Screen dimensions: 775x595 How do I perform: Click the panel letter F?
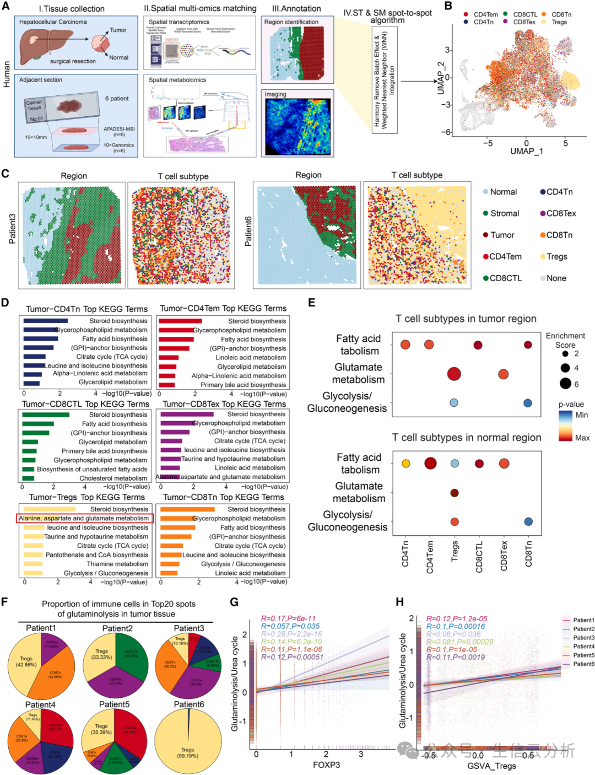[5, 601]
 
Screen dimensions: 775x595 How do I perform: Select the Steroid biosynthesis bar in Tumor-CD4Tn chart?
[45, 321]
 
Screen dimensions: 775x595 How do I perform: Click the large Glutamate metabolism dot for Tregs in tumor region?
[454, 374]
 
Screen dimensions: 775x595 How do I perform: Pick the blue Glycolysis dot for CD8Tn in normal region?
[528, 521]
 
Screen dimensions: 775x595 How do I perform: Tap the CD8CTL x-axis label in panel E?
[479, 557]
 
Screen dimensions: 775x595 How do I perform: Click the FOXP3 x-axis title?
[326, 765]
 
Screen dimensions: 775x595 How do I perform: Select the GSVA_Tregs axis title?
[492, 766]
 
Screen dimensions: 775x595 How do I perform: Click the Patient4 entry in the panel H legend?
[583, 647]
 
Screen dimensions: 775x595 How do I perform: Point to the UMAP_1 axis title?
[526, 152]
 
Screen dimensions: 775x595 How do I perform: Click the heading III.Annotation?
[296, 9]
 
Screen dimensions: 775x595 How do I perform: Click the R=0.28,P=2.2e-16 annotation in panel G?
[291, 634]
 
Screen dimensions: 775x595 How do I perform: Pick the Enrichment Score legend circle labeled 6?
[565, 384]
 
